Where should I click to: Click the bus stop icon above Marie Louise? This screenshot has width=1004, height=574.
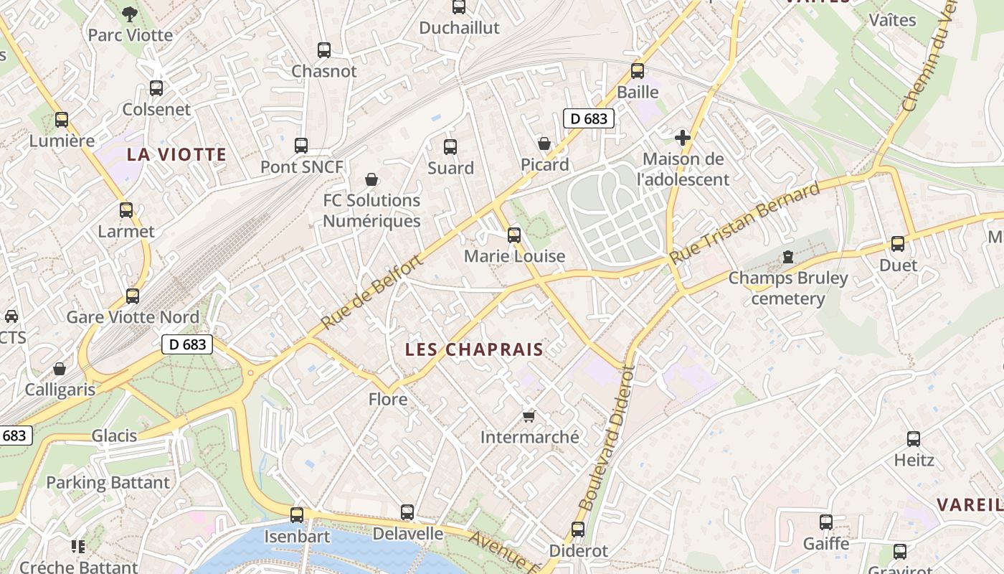point(513,235)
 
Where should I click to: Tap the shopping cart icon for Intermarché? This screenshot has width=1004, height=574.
point(529,416)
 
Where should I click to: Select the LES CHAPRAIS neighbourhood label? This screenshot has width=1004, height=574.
point(474,349)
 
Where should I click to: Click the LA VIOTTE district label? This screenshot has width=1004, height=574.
point(176,154)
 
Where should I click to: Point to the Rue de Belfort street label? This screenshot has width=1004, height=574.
point(372,293)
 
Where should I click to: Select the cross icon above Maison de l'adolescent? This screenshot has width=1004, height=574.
point(683,137)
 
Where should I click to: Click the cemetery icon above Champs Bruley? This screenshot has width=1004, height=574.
point(788,256)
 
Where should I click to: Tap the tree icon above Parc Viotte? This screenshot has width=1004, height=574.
point(130,13)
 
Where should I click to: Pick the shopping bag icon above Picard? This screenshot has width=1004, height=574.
point(544,143)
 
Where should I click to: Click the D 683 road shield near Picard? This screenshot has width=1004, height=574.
point(589,118)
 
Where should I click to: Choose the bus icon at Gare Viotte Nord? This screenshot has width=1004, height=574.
point(133,296)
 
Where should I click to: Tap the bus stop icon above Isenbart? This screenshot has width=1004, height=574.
point(297,514)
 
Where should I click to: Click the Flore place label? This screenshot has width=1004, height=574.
point(388,399)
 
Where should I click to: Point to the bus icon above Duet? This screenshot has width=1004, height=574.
point(898,244)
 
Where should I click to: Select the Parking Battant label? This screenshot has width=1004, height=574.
point(108,482)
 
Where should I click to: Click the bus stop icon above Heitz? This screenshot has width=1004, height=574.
point(914,439)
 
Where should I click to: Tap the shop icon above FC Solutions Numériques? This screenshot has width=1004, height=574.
point(371,179)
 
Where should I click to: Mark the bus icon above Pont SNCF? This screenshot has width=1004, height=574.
point(301,146)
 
